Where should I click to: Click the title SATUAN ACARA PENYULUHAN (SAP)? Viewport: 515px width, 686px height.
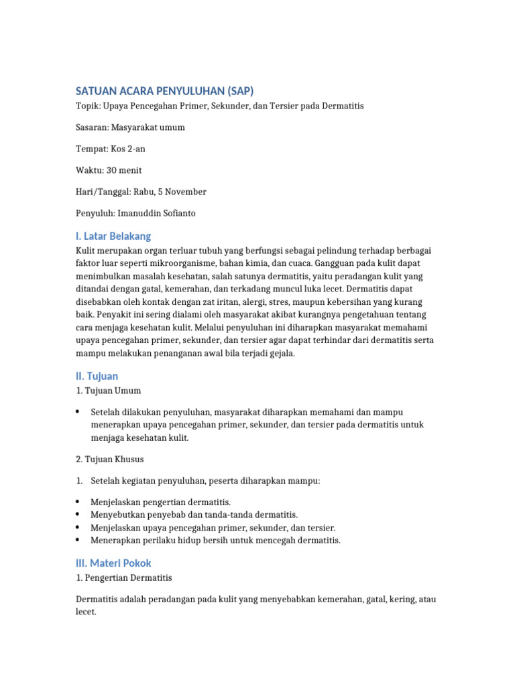tap(164, 91)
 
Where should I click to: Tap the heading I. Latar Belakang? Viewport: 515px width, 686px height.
tap(113, 236)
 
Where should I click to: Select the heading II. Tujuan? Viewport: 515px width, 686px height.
tap(97, 376)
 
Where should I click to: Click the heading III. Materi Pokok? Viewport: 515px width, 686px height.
tap(118, 563)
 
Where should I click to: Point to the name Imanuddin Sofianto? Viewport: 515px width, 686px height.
tap(159, 213)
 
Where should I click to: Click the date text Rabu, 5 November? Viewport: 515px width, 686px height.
tap(172, 192)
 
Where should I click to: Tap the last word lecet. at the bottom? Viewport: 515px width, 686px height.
tap(87, 612)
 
